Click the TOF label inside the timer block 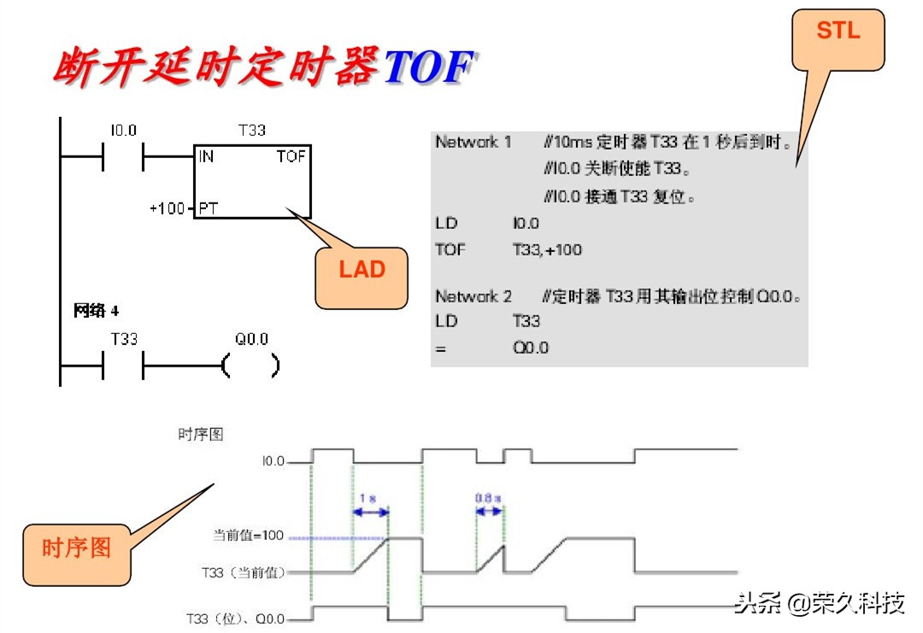click(291, 157)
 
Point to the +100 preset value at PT click(167, 208)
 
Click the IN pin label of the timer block click(206, 157)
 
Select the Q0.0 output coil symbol click(250, 366)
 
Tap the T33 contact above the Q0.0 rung click(123, 366)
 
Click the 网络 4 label click(97, 311)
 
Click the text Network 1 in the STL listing click(473, 143)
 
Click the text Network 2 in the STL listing click(473, 296)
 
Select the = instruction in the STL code click(439, 348)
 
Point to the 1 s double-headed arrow click(370, 512)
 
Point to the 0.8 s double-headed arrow click(489, 511)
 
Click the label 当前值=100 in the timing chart click(248, 536)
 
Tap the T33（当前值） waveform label click(243, 571)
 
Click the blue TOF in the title click(428, 68)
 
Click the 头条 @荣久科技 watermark click(819, 604)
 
